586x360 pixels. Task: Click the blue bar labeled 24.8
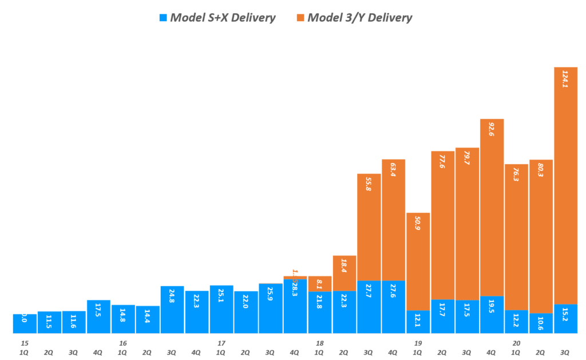coord(172,310)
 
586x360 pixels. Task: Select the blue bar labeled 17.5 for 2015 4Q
coord(98,317)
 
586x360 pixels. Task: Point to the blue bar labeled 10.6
coord(541,323)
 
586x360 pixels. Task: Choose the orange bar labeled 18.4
coord(345,273)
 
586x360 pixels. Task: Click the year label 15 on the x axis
coord(24,343)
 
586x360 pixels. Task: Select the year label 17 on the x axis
coord(221,343)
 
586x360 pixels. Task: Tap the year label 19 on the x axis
coord(418,343)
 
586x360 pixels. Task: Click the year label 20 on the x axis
coord(516,343)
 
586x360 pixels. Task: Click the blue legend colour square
coord(163,18)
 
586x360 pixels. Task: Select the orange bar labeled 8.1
coord(320,284)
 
